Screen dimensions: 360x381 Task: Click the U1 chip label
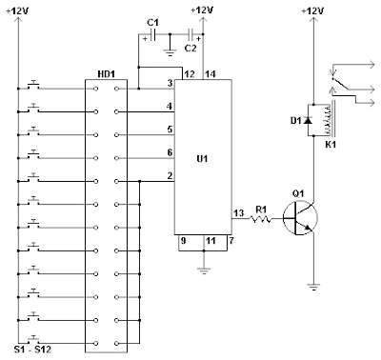coord(201,159)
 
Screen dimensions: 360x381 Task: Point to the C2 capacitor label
coord(190,46)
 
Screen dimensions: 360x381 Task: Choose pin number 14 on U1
coord(211,74)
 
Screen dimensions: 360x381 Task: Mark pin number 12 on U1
coord(190,74)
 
